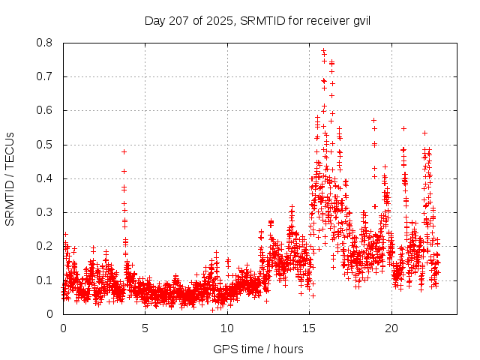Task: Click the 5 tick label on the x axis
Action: pos(145,328)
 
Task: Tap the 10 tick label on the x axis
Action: pos(227,328)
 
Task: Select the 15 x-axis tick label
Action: pos(310,328)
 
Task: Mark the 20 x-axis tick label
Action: pos(391,328)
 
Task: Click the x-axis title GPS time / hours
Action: pos(258,349)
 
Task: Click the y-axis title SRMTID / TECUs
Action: pos(10,178)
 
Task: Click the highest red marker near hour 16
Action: pos(323,51)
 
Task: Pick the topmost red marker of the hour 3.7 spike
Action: pos(124,151)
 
